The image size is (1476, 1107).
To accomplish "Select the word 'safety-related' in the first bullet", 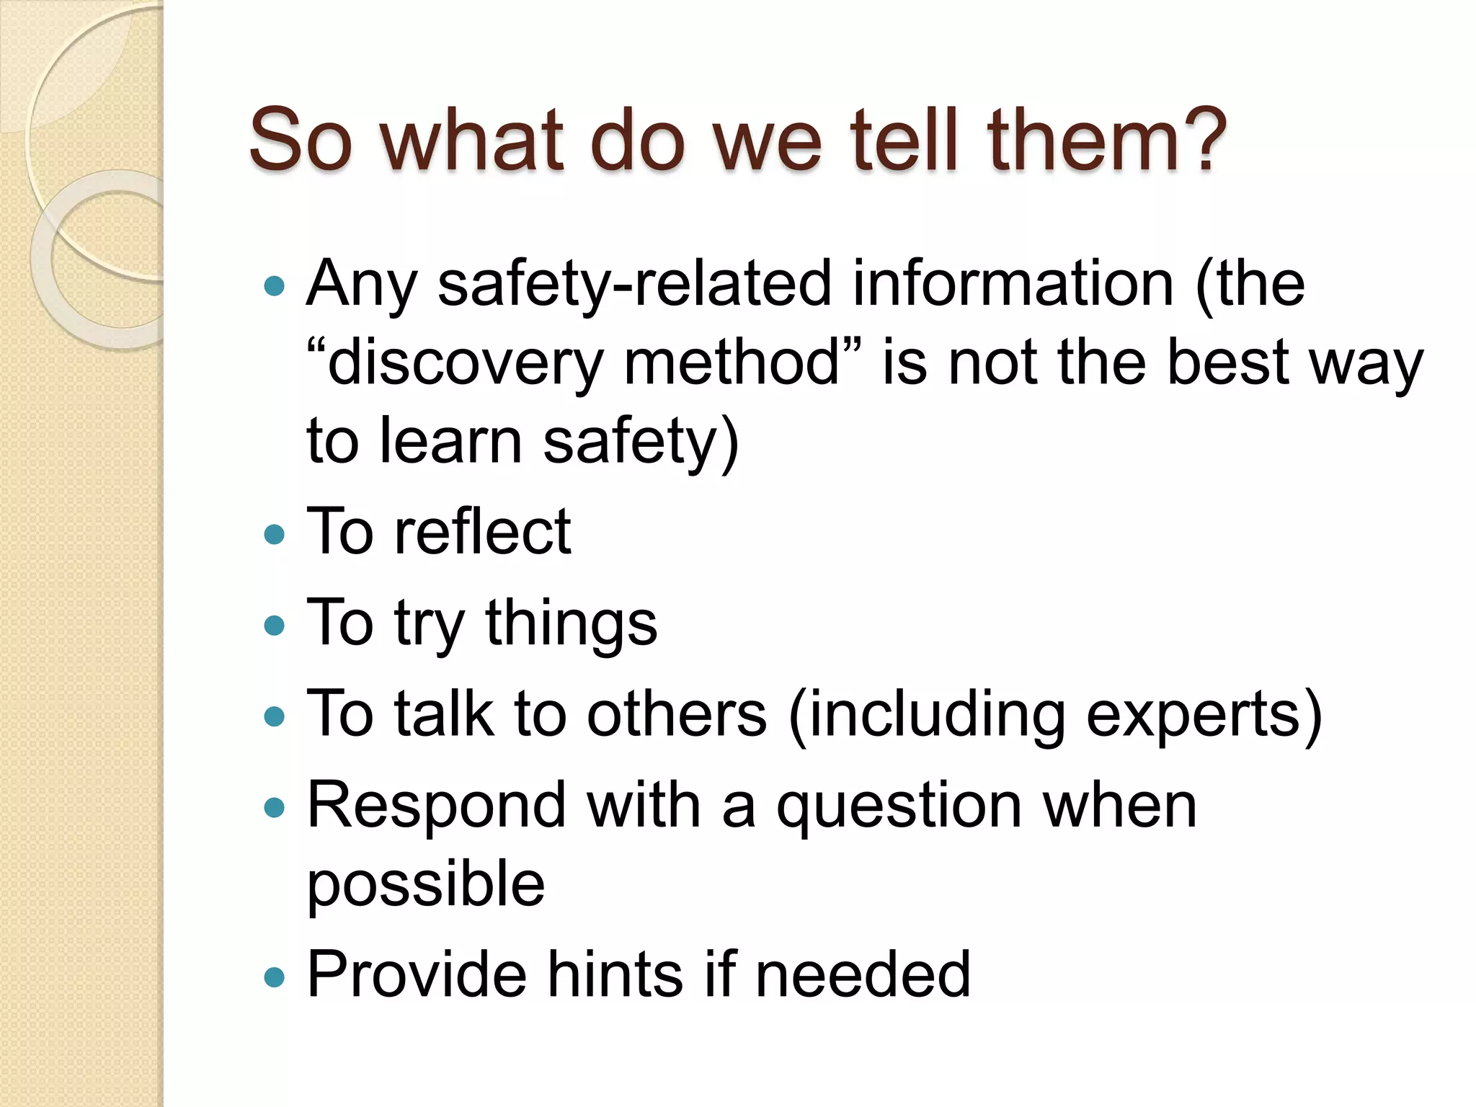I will click(634, 285).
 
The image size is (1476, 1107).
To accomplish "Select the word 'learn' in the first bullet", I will click(450, 440).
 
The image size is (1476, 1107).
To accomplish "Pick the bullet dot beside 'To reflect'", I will click(275, 534).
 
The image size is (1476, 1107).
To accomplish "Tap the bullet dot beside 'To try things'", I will click(275, 625).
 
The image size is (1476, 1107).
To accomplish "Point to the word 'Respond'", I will click(436, 805).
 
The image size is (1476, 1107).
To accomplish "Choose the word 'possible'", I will click(425, 885).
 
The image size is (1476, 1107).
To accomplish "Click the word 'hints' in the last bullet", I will click(615, 974).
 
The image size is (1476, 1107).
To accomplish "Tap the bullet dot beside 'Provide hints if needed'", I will click(275, 977).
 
